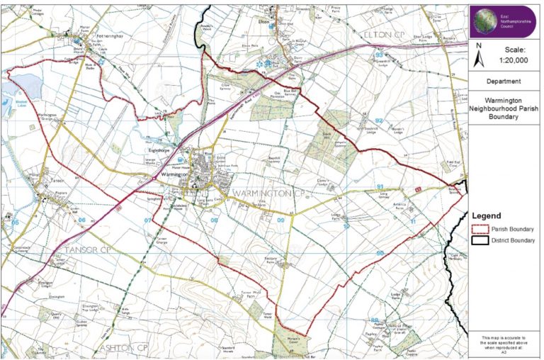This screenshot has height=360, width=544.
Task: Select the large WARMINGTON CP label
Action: point(259,193)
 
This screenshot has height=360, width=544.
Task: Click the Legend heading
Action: point(487,215)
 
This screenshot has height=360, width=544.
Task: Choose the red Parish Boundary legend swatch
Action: point(479,229)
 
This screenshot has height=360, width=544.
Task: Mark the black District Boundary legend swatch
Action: point(479,241)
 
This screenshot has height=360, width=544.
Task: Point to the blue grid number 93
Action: point(379,55)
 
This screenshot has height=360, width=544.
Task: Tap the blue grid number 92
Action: point(379,121)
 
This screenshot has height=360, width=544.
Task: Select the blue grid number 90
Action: point(380,253)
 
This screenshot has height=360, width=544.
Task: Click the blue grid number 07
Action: point(148,220)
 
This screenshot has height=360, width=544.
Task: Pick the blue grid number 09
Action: point(280,221)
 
